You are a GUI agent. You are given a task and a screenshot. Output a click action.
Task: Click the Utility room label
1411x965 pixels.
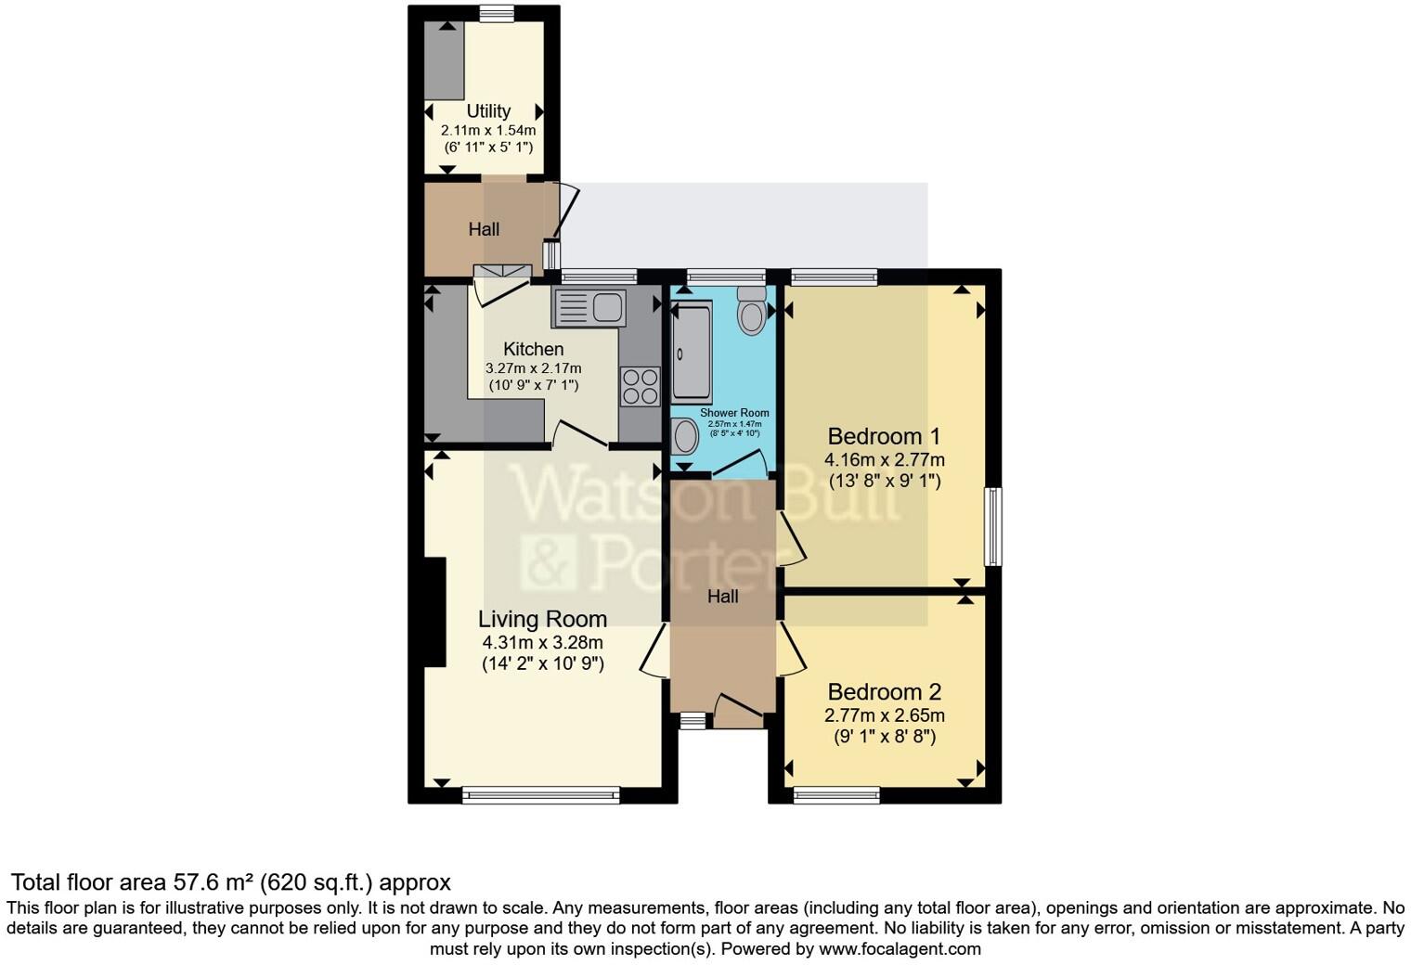point(488,111)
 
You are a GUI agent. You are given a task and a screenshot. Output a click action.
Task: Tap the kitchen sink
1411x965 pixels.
point(590,308)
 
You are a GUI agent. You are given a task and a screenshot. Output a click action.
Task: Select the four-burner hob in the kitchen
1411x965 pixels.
point(640,387)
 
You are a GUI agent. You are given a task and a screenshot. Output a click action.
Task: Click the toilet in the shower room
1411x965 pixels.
point(751,310)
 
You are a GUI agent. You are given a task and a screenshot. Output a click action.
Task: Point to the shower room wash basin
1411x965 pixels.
point(685,436)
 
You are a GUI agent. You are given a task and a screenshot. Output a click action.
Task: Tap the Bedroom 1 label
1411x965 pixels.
point(884,436)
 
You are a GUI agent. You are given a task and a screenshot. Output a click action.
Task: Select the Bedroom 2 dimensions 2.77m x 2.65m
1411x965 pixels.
point(884,715)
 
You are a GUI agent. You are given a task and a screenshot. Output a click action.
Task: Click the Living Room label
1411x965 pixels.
point(542,619)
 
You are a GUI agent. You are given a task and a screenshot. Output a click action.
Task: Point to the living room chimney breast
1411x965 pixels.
point(435,611)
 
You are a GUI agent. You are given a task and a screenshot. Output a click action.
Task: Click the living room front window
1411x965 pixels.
point(541,793)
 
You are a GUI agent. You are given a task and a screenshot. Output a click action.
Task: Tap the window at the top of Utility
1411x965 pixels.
point(497,12)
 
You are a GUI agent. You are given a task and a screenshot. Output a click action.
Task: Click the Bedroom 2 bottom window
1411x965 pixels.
point(836,793)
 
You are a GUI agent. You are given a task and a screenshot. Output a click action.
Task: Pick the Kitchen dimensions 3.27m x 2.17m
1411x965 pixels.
point(533,368)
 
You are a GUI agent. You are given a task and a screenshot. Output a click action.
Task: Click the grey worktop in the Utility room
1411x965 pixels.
point(444,60)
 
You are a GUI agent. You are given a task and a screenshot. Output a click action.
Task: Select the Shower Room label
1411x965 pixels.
point(734,413)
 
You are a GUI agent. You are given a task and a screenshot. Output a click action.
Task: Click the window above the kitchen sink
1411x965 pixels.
point(599,276)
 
